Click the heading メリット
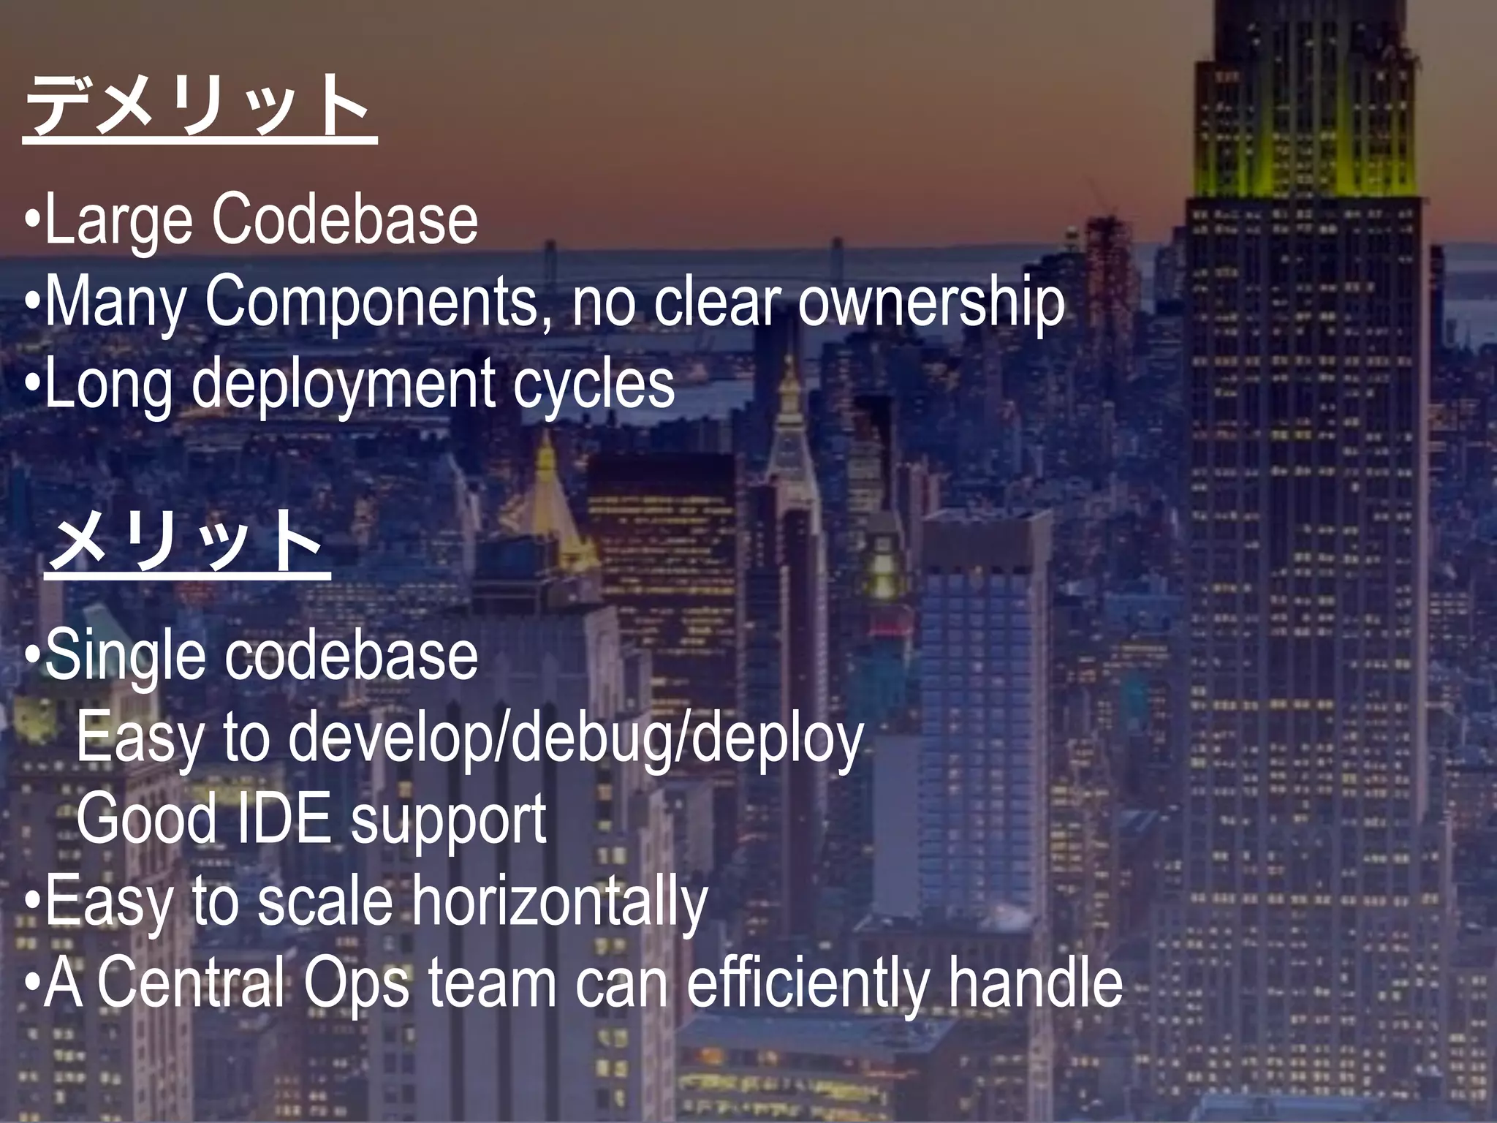click(x=187, y=542)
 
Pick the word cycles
click(x=593, y=385)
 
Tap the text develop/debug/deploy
click(x=576, y=739)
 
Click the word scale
click(x=325, y=901)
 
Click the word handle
click(x=1035, y=983)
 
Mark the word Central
click(x=190, y=983)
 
